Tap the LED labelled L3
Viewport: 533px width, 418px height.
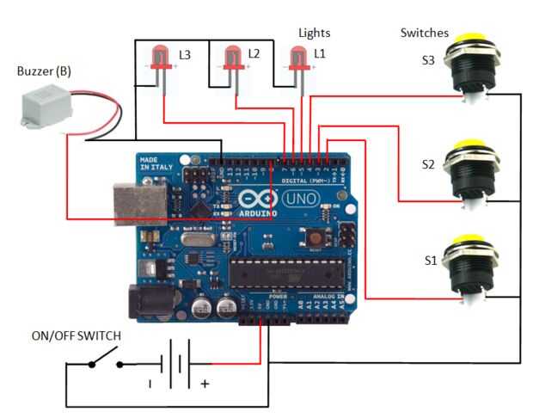(x=160, y=58)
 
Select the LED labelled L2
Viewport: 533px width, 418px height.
(x=231, y=58)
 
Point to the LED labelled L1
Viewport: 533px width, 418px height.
(x=298, y=58)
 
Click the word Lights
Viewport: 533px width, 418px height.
(x=314, y=33)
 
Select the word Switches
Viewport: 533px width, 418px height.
(x=424, y=33)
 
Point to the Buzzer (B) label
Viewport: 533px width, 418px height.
(x=44, y=71)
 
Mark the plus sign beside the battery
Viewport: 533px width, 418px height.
(x=205, y=384)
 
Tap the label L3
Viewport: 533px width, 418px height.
(x=185, y=54)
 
